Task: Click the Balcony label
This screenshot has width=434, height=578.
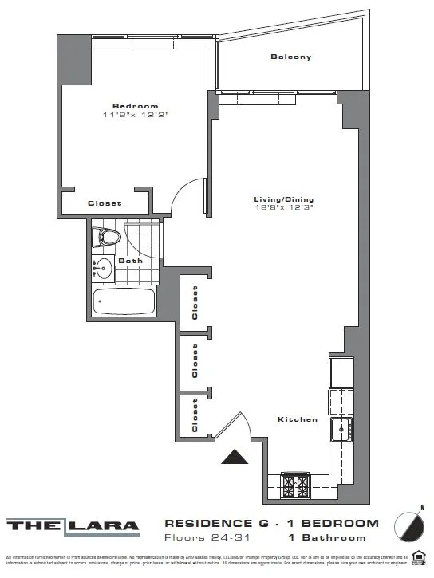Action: coord(290,57)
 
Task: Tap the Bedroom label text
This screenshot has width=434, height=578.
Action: coord(135,106)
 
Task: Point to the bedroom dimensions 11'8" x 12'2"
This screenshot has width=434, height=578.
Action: coord(135,116)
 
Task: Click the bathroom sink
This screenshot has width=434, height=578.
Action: coord(102,269)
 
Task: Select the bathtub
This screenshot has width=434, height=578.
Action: coord(124,302)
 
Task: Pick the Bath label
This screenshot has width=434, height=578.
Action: coord(130,261)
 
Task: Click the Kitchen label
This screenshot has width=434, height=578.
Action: coord(298,419)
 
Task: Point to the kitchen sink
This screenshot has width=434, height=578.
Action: coord(342,430)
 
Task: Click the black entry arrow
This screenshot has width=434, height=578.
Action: coord(235,457)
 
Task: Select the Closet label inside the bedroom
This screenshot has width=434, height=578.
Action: coord(105,203)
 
